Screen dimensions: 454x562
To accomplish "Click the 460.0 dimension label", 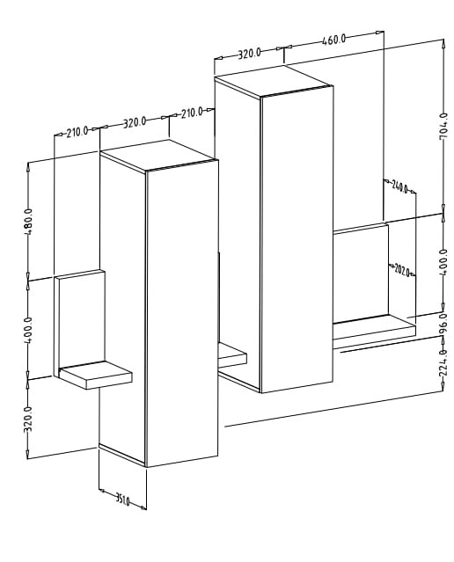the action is click(333, 39).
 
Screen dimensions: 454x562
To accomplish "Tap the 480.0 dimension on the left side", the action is click(28, 222).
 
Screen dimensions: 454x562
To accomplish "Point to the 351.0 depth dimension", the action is click(122, 500).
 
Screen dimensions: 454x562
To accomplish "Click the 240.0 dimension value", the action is click(399, 186).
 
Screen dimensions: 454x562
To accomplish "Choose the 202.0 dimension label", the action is click(401, 270).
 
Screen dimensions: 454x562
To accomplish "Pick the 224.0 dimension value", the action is click(443, 362).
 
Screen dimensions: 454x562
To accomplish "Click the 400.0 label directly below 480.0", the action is click(28, 330).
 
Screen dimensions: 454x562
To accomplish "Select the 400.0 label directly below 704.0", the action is click(443, 262).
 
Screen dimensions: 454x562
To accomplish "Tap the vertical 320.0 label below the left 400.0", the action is click(28, 420).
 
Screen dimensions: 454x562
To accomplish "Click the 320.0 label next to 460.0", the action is click(250, 54).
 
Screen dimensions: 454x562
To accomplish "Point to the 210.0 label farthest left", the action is click(77, 132).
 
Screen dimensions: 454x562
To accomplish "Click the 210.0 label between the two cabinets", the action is click(192, 113).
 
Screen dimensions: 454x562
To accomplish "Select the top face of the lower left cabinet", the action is click(158, 155).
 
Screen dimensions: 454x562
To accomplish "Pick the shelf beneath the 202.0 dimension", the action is click(374, 326).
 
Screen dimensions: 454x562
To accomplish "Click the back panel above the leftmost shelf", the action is click(80, 318).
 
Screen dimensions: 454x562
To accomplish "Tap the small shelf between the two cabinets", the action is click(232, 355).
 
